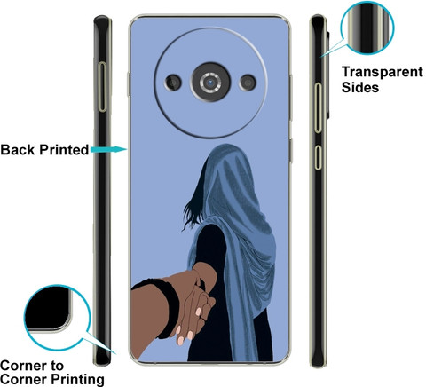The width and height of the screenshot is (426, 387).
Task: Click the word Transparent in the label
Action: click(x=383, y=72)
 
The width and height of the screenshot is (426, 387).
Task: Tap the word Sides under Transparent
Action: click(x=360, y=87)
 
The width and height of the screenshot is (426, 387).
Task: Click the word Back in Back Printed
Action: click(x=18, y=150)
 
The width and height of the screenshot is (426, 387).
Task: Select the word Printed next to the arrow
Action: click(x=64, y=150)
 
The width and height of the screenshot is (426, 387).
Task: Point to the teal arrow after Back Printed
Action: click(x=108, y=149)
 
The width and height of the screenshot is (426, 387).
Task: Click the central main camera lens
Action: click(x=210, y=83)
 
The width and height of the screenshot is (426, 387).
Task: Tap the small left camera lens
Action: click(x=173, y=83)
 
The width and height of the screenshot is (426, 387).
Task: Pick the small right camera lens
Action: click(x=248, y=83)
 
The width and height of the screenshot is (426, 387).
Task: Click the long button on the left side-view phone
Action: click(x=102, y=87)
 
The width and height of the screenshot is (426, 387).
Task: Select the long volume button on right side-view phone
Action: click(x=318, y=108)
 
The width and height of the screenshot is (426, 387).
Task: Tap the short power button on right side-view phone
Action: click(x=318, y=157)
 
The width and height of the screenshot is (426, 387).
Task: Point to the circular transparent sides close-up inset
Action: click(x=367, y=28)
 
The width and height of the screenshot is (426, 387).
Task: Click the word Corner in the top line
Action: click(x=24, y=366)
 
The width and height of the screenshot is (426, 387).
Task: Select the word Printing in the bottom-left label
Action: click(x=77, y=380)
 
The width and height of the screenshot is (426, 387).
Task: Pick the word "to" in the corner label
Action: click(x=57, y=367)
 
